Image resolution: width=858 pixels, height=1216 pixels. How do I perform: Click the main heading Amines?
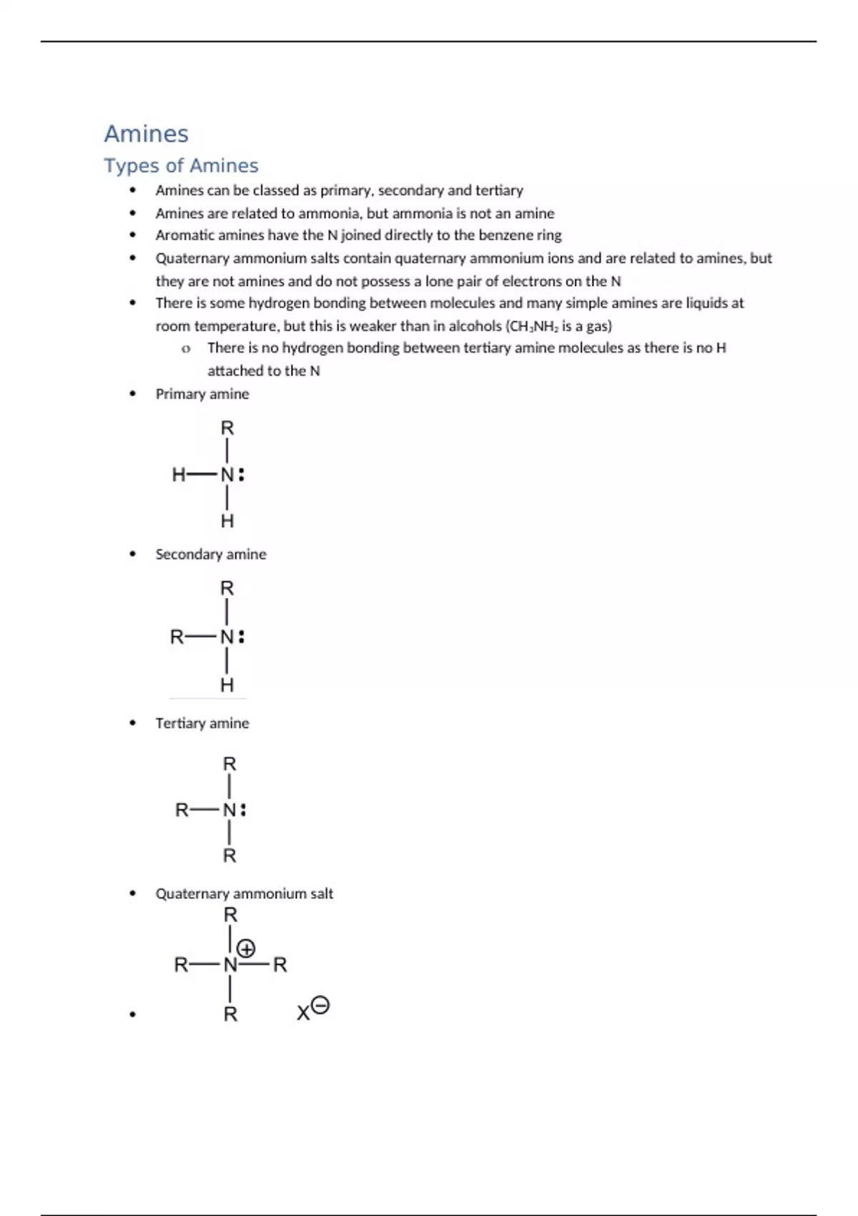pyautogui.click(x=147, y=134)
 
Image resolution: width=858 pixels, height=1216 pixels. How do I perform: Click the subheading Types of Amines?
pyautogui.click(x=181, y=165)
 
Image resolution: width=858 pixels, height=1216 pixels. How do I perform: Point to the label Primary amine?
pyautogui.click(x=202, y=394)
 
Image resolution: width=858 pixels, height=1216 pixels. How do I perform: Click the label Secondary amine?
pyautogui.click(x=211, y=554)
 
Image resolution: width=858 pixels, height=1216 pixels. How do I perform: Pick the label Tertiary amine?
pyautogui.click(x=202, y=723)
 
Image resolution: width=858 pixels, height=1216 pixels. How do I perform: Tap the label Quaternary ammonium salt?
pyautogui.click(x=245, y=893)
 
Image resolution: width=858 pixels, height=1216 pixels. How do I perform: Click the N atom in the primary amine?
pyautogui.click(x=227, y=474)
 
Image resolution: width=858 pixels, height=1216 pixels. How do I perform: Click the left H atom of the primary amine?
pyautogui.click(x=179, y=474)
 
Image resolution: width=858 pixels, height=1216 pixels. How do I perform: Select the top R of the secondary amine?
pyautogui.click(x=227, y=589)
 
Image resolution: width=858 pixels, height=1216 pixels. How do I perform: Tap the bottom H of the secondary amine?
pyautogui.click(x=227, y=685)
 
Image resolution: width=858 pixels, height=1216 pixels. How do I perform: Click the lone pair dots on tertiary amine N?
pyautogui.click(x=243, y=810)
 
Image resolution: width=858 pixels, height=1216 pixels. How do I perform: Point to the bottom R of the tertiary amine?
pyautogui.click(x=230, y=855)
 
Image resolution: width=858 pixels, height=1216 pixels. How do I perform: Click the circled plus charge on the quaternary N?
pyautogui.click(x=246, y=949)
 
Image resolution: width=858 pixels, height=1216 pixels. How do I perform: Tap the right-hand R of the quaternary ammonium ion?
pyautogui.click(x=280, y=965)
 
